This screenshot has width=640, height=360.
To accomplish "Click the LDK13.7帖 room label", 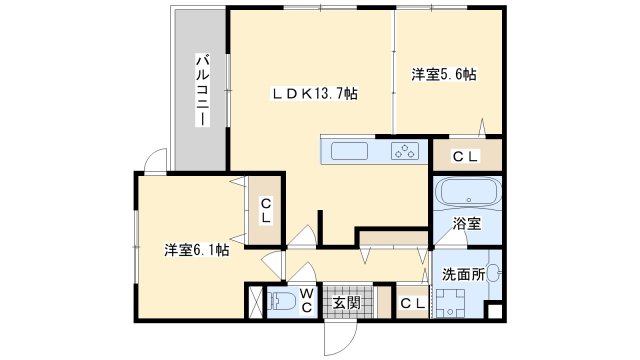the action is pos(315,94).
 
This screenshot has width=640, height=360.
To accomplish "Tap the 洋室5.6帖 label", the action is pos(444,75).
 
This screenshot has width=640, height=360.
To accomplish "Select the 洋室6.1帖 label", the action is pos(196,250).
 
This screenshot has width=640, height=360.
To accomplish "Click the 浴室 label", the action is pos(467,224).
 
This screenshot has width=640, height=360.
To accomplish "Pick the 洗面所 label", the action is pos(464,274).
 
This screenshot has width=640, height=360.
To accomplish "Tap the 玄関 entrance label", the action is pos(347,303).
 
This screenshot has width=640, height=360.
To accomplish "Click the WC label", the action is pos(307,300).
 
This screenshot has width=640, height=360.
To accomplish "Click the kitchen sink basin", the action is pos(349,151).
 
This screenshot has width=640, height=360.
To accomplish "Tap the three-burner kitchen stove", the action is pos(405,151).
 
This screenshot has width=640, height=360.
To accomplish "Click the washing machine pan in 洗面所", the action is pos(450,303).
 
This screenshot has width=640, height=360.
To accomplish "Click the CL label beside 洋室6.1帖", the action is pos(266,211).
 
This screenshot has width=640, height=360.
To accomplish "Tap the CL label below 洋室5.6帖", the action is pos(465,156).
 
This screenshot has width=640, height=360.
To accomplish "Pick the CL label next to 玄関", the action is pos(413,303).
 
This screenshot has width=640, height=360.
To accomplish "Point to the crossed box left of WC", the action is pos(256,302).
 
